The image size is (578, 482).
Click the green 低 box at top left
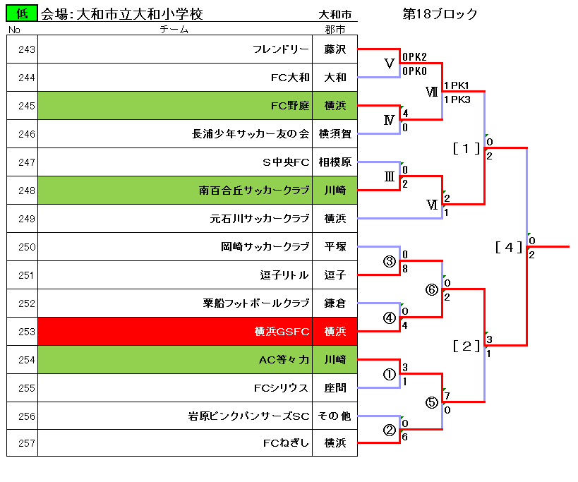[22, 13]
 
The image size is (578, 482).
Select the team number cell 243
[22, 49]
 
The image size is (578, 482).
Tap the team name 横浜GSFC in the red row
[282, 332]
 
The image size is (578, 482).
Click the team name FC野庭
[290, 106]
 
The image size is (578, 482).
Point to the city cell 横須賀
[335, 134]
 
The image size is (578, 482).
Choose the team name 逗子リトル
[284, 275]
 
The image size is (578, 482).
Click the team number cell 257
[22, 443]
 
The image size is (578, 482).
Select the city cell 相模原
[335, 162]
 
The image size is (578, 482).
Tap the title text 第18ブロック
[440, 14]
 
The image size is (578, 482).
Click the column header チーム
[174, 29]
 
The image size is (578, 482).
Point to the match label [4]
[509, 247]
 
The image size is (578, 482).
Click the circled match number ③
[390, 261]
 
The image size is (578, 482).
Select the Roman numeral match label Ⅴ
[390, 64]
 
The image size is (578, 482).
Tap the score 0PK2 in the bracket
[414, 56]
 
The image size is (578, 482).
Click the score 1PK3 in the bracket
[457, 100]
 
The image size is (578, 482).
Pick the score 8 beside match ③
[405, 269]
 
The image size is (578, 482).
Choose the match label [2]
[466, 346]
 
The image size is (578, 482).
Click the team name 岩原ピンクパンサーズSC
[248, 416]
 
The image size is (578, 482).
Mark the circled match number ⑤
[432, 402]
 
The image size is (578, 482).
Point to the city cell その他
[335, 416]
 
